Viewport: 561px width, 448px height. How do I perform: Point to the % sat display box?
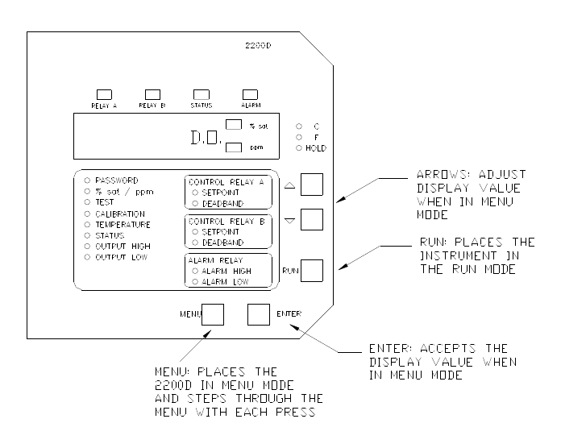(x=234, y=125)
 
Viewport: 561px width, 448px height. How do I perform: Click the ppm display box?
(x=234, y=147)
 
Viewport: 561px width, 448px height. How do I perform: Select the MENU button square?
(x=213, y=314)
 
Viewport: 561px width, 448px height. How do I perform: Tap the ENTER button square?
(x=259, y=314)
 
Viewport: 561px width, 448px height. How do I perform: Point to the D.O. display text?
(x=204, y=137)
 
